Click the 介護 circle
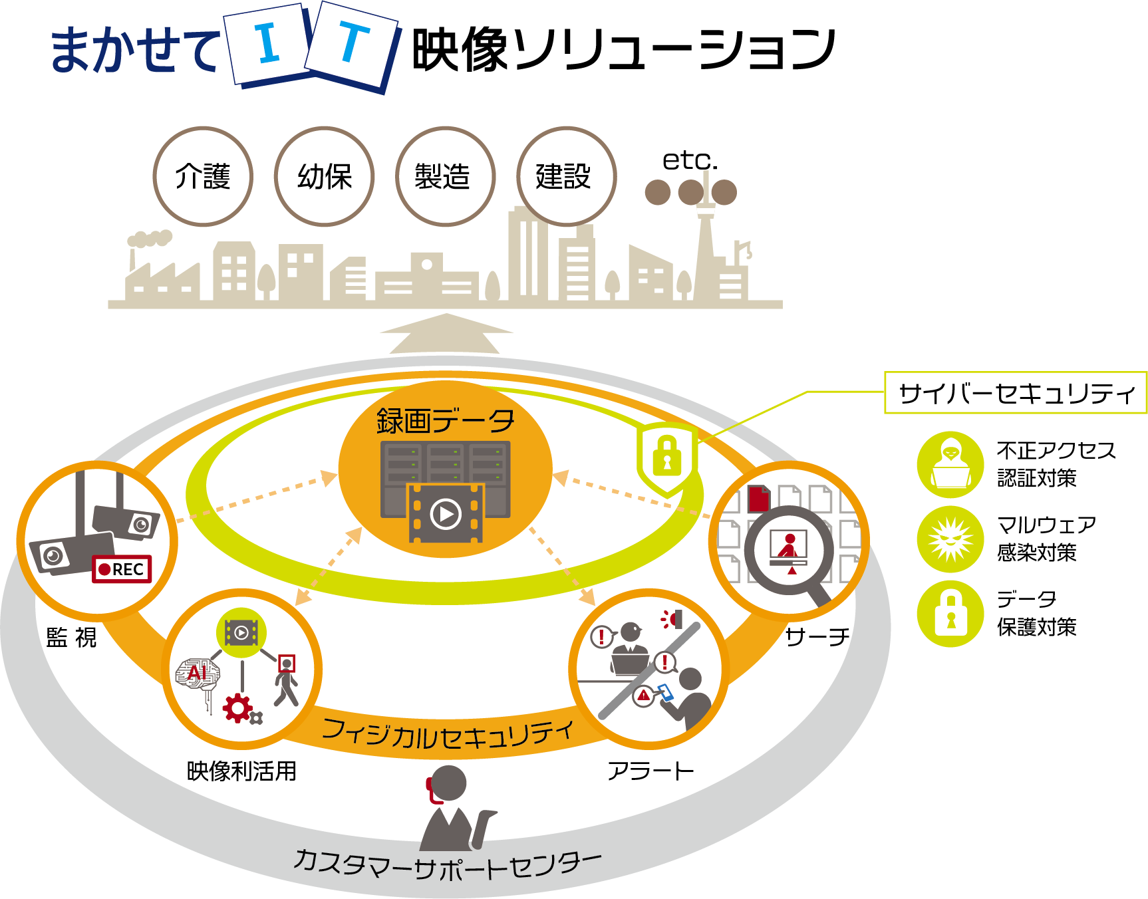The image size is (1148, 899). click(x=203, y=177)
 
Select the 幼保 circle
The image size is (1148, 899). click(x=325, y=177)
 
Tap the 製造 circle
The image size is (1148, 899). click(x=446, y=177)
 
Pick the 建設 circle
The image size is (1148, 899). click(x=567, y=177)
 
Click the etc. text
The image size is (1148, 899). click(x=690, y=160)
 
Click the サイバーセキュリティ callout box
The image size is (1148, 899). click(x=1016, y=393)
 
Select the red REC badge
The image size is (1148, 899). click(x=122, y=569)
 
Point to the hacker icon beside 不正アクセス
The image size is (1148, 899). click(x=950, y=464)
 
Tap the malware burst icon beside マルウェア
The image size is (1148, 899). click(x=950, y=539)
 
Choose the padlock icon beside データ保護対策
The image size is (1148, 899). click(x=950, y=614)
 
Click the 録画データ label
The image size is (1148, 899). click(x=446, y=421)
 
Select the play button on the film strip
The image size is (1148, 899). click(x=446, y=514)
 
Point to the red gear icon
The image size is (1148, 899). click(x=237, y=707)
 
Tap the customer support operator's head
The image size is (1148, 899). click(x=448, y=783)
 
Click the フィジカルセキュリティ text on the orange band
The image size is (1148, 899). click(x=447, y=733)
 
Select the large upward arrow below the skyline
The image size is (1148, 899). click(x=446, y=334)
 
